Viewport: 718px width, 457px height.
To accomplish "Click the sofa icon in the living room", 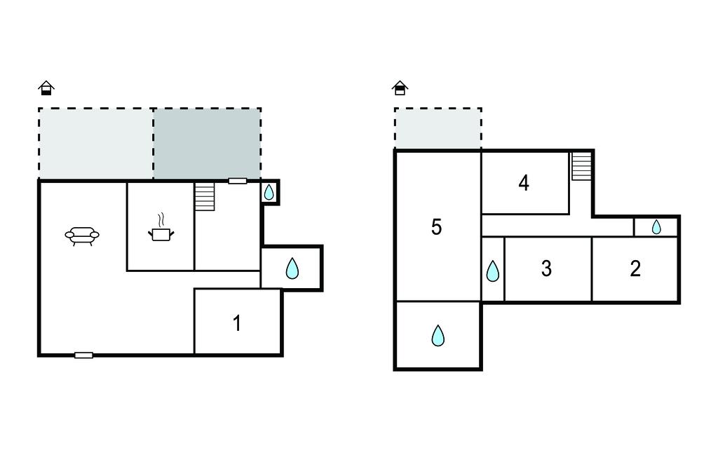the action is coord(82,236).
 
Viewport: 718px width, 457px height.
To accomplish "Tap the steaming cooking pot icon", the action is coord(161,228).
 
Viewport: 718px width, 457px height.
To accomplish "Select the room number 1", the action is coord(237,323).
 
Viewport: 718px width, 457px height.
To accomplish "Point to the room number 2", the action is coord(635,268).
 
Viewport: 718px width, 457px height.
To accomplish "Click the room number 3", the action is coord(546,268).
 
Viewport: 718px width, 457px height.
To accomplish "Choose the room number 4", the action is coord(524,183).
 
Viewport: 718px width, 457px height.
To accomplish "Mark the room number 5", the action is coord(436,226).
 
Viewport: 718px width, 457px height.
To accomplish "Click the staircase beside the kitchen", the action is coord(205,196).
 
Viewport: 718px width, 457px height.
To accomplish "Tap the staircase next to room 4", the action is coord(581,165).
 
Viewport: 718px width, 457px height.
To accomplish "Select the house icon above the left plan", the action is coord(46,88).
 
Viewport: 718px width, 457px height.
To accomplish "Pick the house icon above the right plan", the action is coord(400,88).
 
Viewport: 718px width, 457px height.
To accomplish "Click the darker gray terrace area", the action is coord(207,143).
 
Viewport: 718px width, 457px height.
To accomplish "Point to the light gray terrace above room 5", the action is coord(438,129).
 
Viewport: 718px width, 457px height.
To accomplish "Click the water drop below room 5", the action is coord(438,336).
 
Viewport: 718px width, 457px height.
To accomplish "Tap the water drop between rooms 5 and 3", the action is coord(493,271).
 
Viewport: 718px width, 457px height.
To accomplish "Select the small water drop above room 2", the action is coord(656,226).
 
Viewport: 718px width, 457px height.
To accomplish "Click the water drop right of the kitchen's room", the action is coord(292,268).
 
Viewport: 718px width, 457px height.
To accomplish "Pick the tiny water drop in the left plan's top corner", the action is coord(269,192).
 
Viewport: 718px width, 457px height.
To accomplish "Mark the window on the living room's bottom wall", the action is coord(84,355).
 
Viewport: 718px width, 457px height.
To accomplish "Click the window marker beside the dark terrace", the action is coord(238,182).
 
